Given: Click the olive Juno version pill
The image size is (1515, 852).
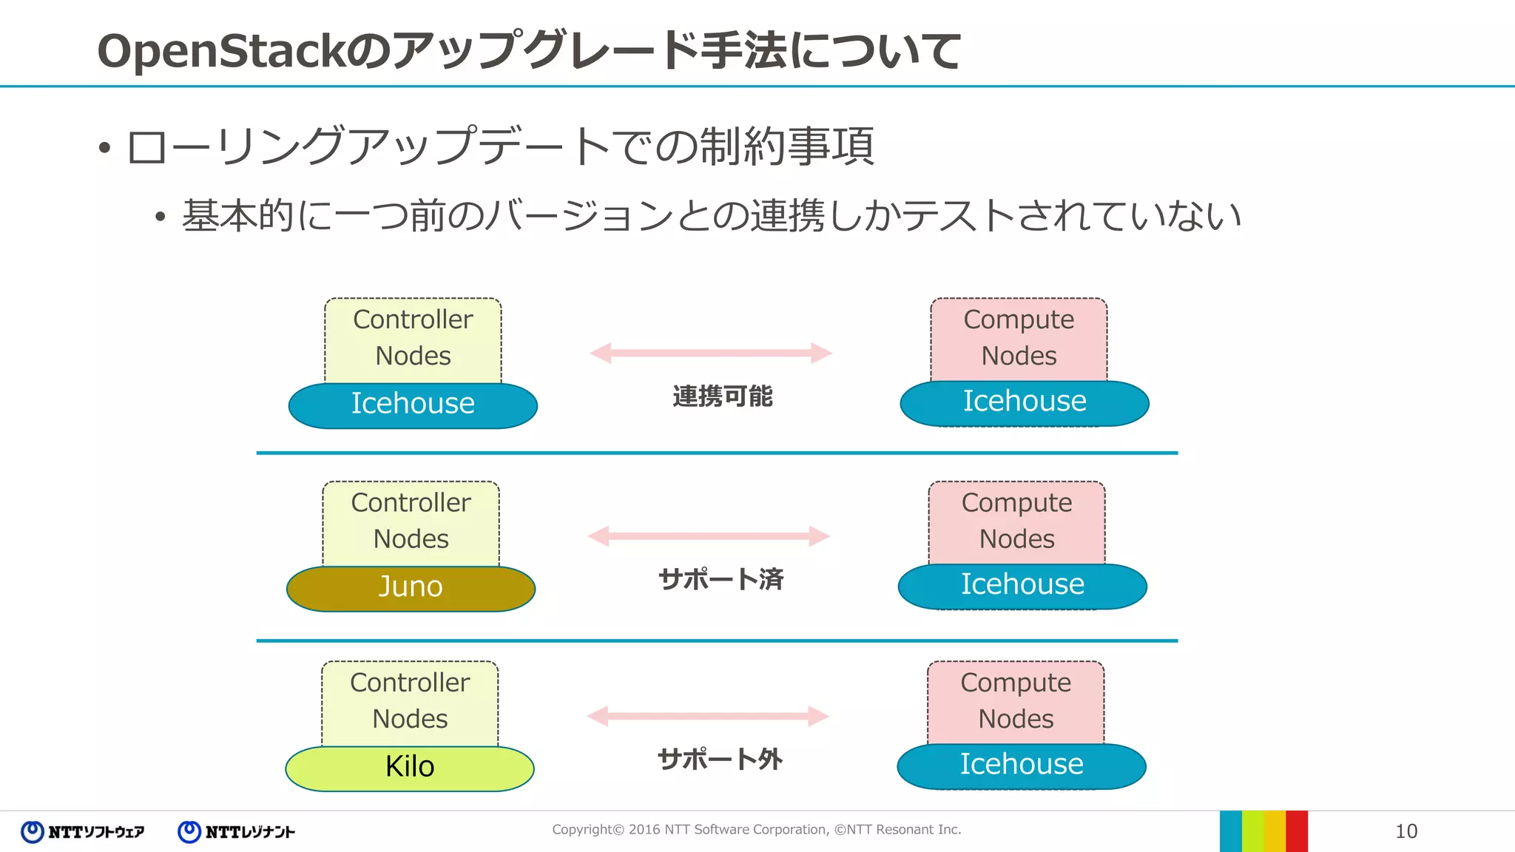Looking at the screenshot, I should click(x=411, y=589).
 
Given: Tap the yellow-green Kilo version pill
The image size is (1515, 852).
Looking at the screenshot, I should click(x=410, y=768).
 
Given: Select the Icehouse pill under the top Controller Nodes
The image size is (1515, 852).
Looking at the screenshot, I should click(x=413, y=405).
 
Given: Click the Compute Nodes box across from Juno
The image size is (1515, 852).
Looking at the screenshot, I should click(x=1016, y=521).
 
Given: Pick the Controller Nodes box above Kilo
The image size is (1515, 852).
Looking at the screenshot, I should click(x=410, y=702).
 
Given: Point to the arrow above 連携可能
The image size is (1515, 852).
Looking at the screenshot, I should click(x=711, y=353).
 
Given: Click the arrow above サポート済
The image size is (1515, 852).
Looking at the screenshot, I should click(x=709, y=536).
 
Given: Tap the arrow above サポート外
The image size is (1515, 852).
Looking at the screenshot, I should click(x=708, y=716).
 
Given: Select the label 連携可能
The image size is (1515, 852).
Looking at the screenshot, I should click(x=723, y=396).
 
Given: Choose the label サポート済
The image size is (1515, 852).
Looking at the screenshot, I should click(x=721, y=579).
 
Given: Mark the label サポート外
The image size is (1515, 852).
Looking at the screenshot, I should click(x=720, y=760).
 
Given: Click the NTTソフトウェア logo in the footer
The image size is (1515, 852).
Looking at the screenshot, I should click(x=83, y=832).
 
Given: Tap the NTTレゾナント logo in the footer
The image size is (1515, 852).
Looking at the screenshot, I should click(x=237, y=832).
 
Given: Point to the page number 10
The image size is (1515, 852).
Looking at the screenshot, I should click(x=1406, y=831).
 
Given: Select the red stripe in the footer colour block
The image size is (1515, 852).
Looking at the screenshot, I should click(x=1297, y=831).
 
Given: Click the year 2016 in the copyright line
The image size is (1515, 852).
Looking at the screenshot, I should click(x=644, y=830).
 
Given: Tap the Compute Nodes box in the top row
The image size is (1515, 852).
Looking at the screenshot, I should click(x=1019, y=339).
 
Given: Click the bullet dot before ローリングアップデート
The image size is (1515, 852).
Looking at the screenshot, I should click(x=104, y=148).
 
